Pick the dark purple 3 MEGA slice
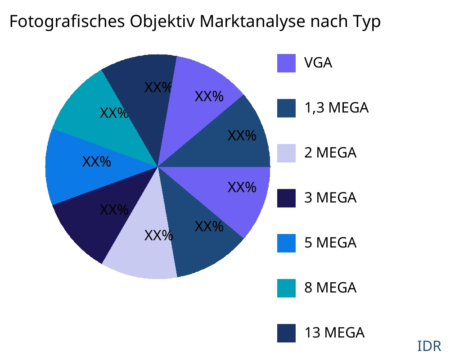coord(99,216)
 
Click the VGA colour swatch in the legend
coord(286,63)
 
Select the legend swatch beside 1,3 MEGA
coord(286,108)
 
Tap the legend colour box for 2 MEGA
coord(286,153)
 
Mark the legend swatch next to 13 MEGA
coord(286,333)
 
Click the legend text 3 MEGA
coord(330,198)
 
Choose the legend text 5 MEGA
coord(330,243)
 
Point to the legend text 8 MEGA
coord(330,288)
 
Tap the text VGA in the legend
coord(318,63)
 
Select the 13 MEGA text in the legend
coord(334,333)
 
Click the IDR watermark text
coord(429,346)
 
